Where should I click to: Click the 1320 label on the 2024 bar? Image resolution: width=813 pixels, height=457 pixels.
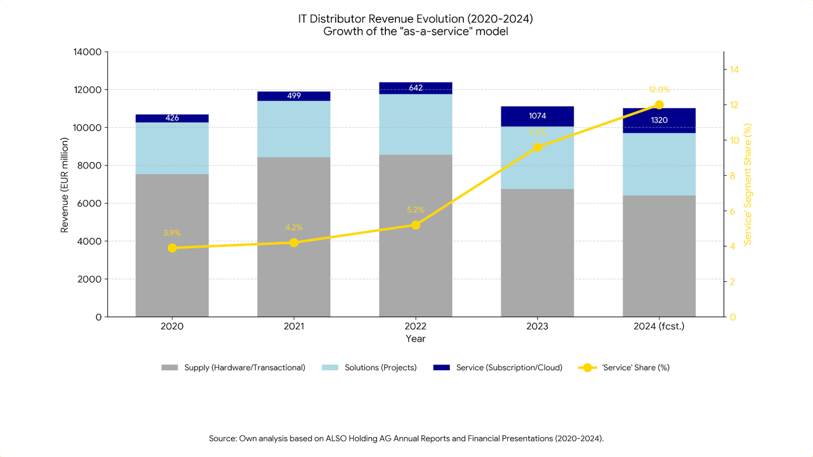(659, 120)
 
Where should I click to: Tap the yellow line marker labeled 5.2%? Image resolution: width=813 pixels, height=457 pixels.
(415, 225)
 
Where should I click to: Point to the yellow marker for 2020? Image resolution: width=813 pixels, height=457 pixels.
(172, 248)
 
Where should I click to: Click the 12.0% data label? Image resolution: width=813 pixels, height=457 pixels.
(659, 90)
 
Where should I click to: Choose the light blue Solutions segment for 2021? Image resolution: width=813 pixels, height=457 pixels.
(293, 129)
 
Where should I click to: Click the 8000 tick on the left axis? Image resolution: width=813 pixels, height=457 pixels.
(89, 165)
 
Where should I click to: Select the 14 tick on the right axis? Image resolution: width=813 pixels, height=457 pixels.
(734, 70)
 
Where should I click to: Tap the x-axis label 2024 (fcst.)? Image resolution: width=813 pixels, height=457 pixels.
(659, 326)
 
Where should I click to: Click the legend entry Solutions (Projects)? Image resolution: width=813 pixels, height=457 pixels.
(380, 368)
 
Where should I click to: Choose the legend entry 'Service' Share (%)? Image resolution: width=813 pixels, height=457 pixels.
(635, 368)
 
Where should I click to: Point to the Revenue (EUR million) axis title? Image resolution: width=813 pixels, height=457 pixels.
(64, 185)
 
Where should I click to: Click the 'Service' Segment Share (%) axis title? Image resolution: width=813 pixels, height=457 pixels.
(748, 184)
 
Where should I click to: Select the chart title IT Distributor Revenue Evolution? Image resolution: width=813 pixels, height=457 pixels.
(415, 19)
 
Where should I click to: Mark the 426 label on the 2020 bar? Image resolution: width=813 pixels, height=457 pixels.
(172, 118)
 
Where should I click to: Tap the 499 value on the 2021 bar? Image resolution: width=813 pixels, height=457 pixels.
(293, 96)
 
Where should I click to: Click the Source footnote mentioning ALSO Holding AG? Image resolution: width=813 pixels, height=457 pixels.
(406, 439)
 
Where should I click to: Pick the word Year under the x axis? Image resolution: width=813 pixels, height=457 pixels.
(415, 339)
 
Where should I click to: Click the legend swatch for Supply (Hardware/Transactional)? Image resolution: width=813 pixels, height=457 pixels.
(169, 368)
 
